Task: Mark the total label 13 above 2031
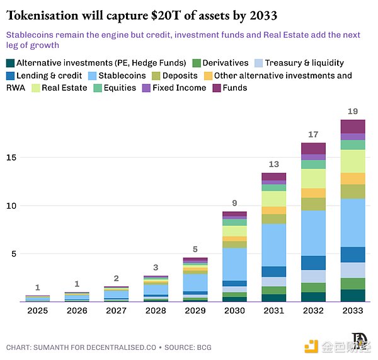pyautogui.click(x=274, y=164)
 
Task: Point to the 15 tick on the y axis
pyautogui.click(x=11, y=158)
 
